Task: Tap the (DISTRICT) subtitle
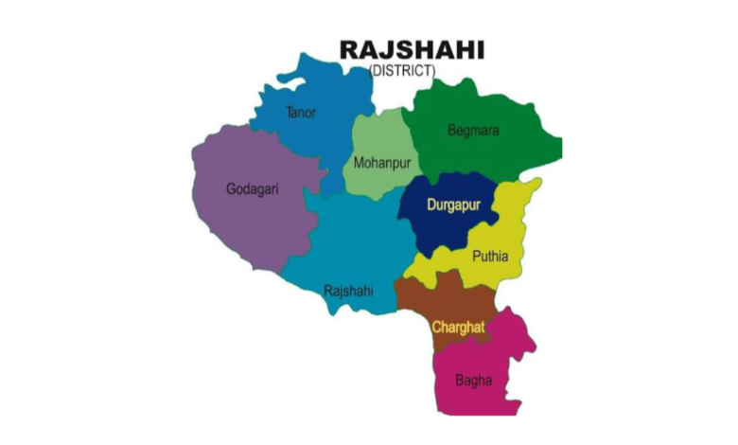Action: point(402,70)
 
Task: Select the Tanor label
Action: point(301,113)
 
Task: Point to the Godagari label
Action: point(253,188)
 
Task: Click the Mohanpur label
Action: point(382,162)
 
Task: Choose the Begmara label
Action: point(473,130)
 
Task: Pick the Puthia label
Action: point(490,256)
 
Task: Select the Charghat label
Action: point(458,327)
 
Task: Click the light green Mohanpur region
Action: point(378,137)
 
